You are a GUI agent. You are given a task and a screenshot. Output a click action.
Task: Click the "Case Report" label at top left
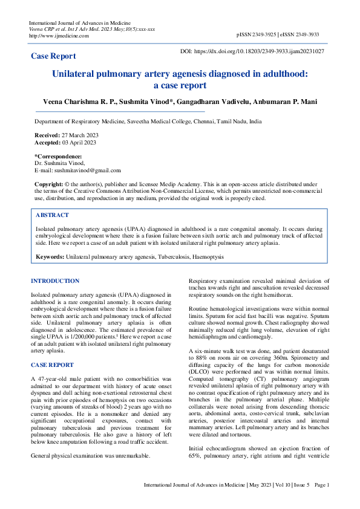pyautogui.click(x=53, y=56)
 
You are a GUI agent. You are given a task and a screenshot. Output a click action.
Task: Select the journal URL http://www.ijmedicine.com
pyautogui.click(x=59, y=36)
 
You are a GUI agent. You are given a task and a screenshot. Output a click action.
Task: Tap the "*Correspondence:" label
pyautogui.click(x=59, y=157)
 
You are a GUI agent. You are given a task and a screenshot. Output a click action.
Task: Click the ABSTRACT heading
pyautogui.click(x=52, y=215)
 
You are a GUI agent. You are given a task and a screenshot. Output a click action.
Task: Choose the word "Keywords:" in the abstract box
pyautogui.click(x=50, y=257)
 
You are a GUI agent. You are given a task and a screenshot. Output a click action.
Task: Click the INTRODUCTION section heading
pyautogui.click(x=54, y=281)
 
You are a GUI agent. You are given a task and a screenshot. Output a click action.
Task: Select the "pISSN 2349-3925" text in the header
pyautogui.click(x=257, y=35)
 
